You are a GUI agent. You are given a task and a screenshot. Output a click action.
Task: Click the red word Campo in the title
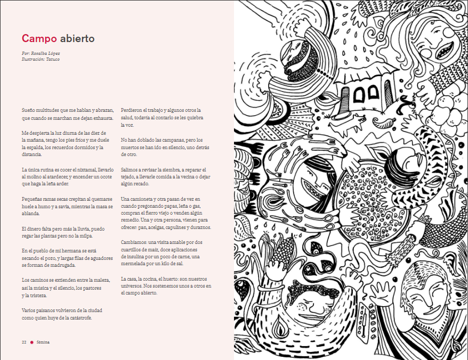point(39,38)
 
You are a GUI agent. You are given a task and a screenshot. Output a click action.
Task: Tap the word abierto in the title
point(77,38)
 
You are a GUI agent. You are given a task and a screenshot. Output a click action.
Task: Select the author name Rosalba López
point(47,54)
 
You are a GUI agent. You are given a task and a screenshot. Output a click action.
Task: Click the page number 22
point(24,341)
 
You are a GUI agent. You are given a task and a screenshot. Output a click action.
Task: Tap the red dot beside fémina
point(31,341)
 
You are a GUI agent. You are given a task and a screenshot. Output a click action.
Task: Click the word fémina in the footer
point(43,341)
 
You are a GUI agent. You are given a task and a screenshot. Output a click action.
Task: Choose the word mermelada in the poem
point(136,264)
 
